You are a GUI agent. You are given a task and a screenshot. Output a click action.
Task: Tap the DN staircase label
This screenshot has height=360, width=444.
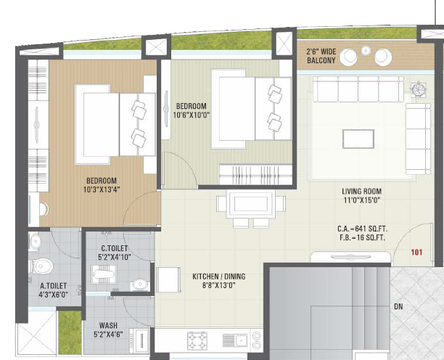pyautogui.click(x=398, y=307)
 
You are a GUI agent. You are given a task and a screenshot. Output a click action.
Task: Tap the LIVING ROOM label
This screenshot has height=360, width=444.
pyautogui.click(x=361, y=192)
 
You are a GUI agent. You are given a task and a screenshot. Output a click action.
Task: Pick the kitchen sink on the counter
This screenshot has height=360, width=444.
pyautogui.click(x=237, y=339)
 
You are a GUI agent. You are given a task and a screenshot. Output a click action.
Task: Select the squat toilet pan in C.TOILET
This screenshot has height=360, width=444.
pyautogui.click(x=100, y=274)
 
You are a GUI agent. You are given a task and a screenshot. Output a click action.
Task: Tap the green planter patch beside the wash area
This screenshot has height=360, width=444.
pyautogui.click(x=69, y=326)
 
